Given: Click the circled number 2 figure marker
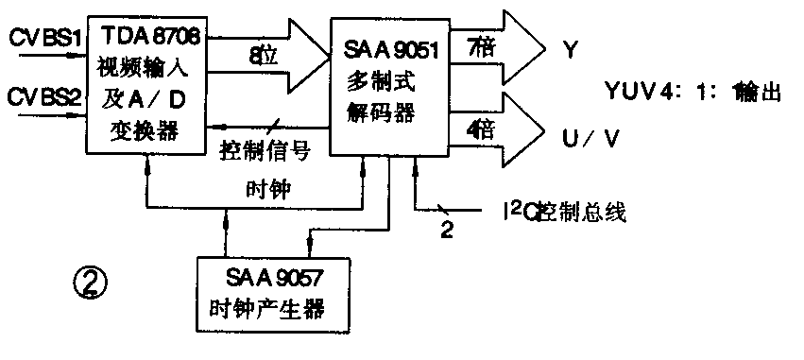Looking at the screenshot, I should tap(91, 281).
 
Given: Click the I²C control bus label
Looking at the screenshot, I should tap(551, 210).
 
